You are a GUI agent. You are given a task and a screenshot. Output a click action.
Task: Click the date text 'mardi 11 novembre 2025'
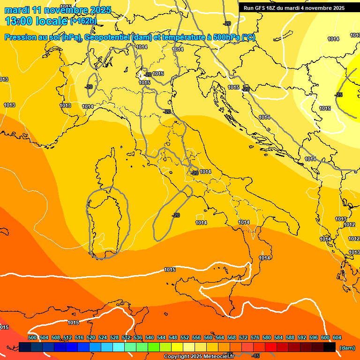[58, 10]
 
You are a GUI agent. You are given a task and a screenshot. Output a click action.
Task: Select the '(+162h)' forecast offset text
[83, 21]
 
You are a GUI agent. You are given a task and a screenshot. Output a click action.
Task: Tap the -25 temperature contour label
[338, 95]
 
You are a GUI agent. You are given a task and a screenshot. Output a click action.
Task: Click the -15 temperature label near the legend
[255, 356]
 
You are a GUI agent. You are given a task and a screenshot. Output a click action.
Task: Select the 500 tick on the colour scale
[32, 337]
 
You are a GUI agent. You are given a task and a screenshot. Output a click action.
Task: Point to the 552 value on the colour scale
[185, 337]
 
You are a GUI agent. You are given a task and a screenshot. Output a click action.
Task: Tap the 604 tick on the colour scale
[337, 337]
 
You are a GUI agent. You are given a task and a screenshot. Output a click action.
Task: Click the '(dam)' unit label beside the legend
[347, 348]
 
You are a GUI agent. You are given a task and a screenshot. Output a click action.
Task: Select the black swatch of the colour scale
[330, 347]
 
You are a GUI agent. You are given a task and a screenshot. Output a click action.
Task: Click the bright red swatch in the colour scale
[271, 347]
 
